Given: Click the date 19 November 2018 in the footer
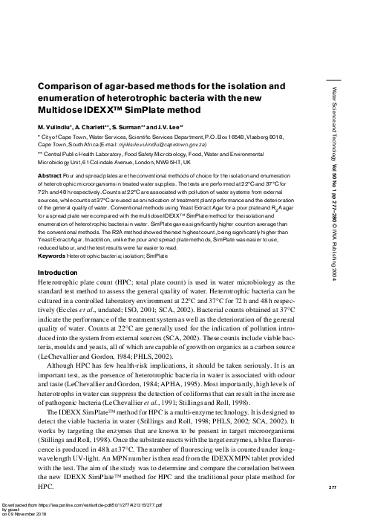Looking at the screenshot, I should (30, 516).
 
